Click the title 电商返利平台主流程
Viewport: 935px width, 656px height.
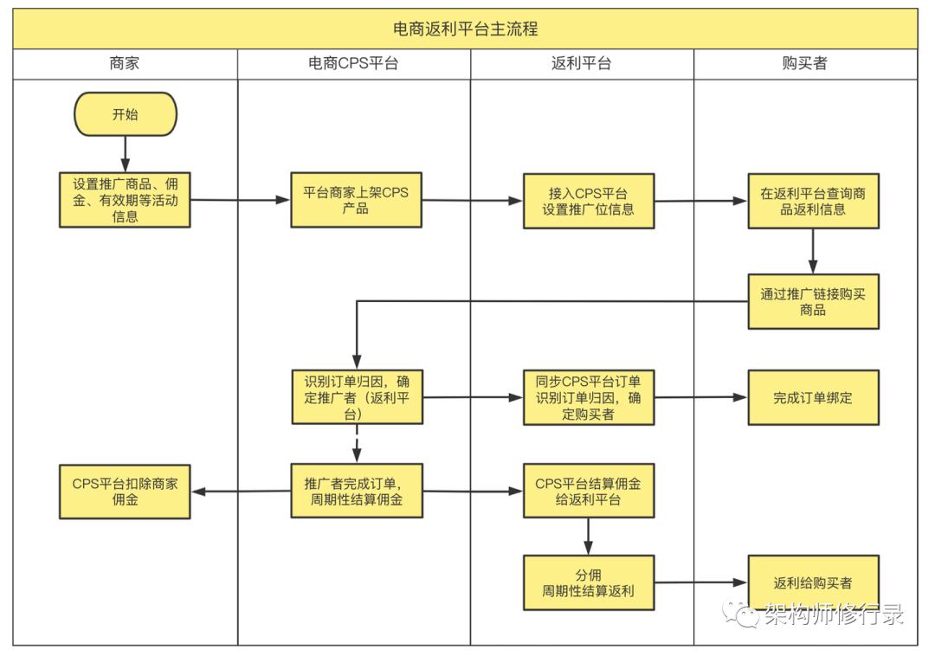[x=466, y=29]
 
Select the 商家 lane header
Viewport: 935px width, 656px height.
[x=125, y=63]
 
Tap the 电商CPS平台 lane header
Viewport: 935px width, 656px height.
[x=353, y=63]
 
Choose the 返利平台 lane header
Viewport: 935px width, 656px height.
[x=581, y=63]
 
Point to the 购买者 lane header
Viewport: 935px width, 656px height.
[x=804, y=63]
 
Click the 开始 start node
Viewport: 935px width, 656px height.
[x=126, y=114]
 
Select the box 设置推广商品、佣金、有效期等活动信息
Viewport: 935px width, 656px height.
[x=126, y=200]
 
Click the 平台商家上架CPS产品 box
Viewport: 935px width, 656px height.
[x=356, y=200]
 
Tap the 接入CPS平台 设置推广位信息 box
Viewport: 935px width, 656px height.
[x=588, y=200]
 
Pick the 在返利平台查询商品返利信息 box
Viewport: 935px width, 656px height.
[x=813, y=201]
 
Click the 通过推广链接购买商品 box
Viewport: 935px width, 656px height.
[x=813, y=301]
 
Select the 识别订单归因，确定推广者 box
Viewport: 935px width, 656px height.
[x=357, y=397]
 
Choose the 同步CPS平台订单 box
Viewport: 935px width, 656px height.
[x=588, y=397]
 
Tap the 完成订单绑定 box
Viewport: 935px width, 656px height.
[x=813, y=397]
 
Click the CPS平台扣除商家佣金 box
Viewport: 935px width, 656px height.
[x=126, y=492]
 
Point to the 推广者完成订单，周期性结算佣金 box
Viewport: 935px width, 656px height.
[x=357, y=491]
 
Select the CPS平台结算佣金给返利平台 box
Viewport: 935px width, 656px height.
[x=588, y=491]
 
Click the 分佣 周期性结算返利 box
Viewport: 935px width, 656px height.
[x=588, y=582]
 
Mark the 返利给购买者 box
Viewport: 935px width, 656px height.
[x=813, y=582]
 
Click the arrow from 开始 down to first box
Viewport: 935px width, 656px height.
[x=126, y=154]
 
